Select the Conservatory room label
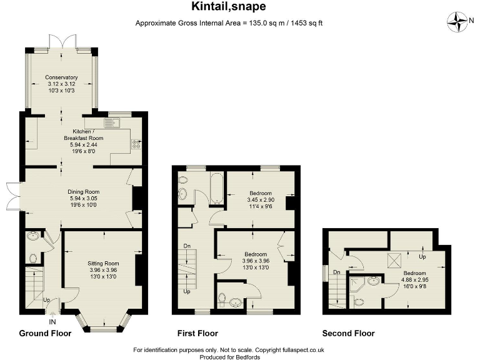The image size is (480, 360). coord(61,77)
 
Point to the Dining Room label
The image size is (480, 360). coord(84,192)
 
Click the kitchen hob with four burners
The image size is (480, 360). coord(136,144)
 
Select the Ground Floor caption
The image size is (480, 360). coord(45,333)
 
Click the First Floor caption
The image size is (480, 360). coord(197,333)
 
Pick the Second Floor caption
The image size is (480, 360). coord(347,333)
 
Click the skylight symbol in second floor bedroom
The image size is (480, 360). coord(395,260)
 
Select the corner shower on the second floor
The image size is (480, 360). coord(357,284)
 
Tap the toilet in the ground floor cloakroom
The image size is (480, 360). coord(34,257)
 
